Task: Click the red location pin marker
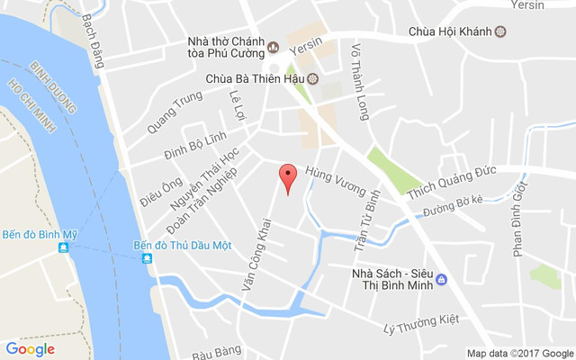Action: tap(287, 177)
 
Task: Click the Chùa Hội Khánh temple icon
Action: tap(500, 32)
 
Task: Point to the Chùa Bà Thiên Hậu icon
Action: tap(312, 78)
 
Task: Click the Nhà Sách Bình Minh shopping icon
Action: tap(442, 280)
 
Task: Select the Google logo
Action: tap(30, 349)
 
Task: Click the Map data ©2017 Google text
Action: tap(519, 353)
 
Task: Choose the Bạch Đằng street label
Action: tap(93, 40)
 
